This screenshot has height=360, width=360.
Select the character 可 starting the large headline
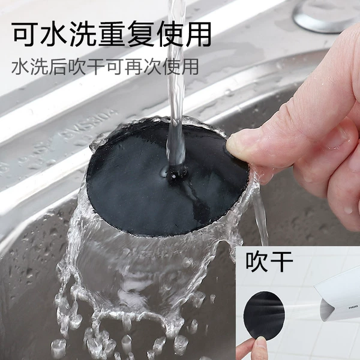click(25, 34)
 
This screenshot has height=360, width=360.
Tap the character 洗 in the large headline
click(82, 34)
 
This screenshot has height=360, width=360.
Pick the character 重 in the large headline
click(111, 34)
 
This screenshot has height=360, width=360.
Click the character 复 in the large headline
click(140, 34)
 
